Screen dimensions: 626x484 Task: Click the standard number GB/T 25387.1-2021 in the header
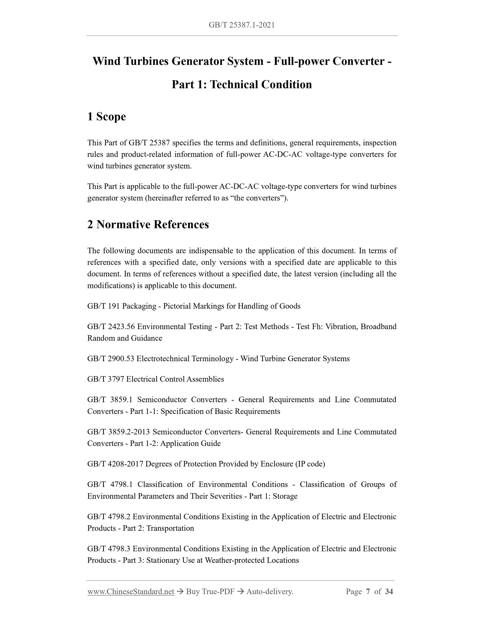(242, 25)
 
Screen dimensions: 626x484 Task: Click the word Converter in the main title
(358, 61)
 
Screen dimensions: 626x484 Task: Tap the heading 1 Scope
(106, 116)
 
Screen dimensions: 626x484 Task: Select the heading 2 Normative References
(148, 224)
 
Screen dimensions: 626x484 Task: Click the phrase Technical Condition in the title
(261, 84)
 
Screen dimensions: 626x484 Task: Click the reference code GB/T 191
(103, 306)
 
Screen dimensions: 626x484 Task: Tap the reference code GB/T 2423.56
(111, 326)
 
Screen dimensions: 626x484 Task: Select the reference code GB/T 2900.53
(111, 358)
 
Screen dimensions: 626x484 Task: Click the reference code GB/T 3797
(105, 379)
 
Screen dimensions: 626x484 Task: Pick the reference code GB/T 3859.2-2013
(118, 432)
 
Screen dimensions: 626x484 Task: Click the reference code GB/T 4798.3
(109, 549)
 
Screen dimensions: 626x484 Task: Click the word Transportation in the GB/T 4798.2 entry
(170, 528)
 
